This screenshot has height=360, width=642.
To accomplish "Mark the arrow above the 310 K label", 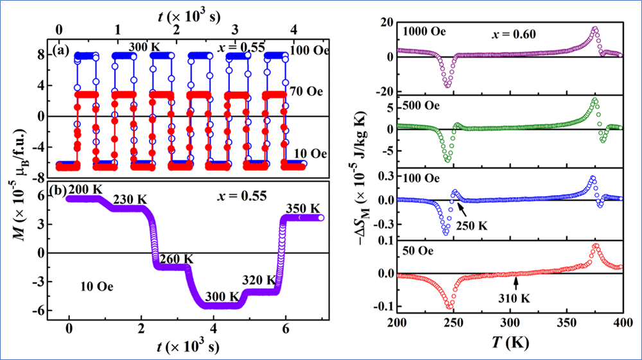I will pos(515,275).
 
